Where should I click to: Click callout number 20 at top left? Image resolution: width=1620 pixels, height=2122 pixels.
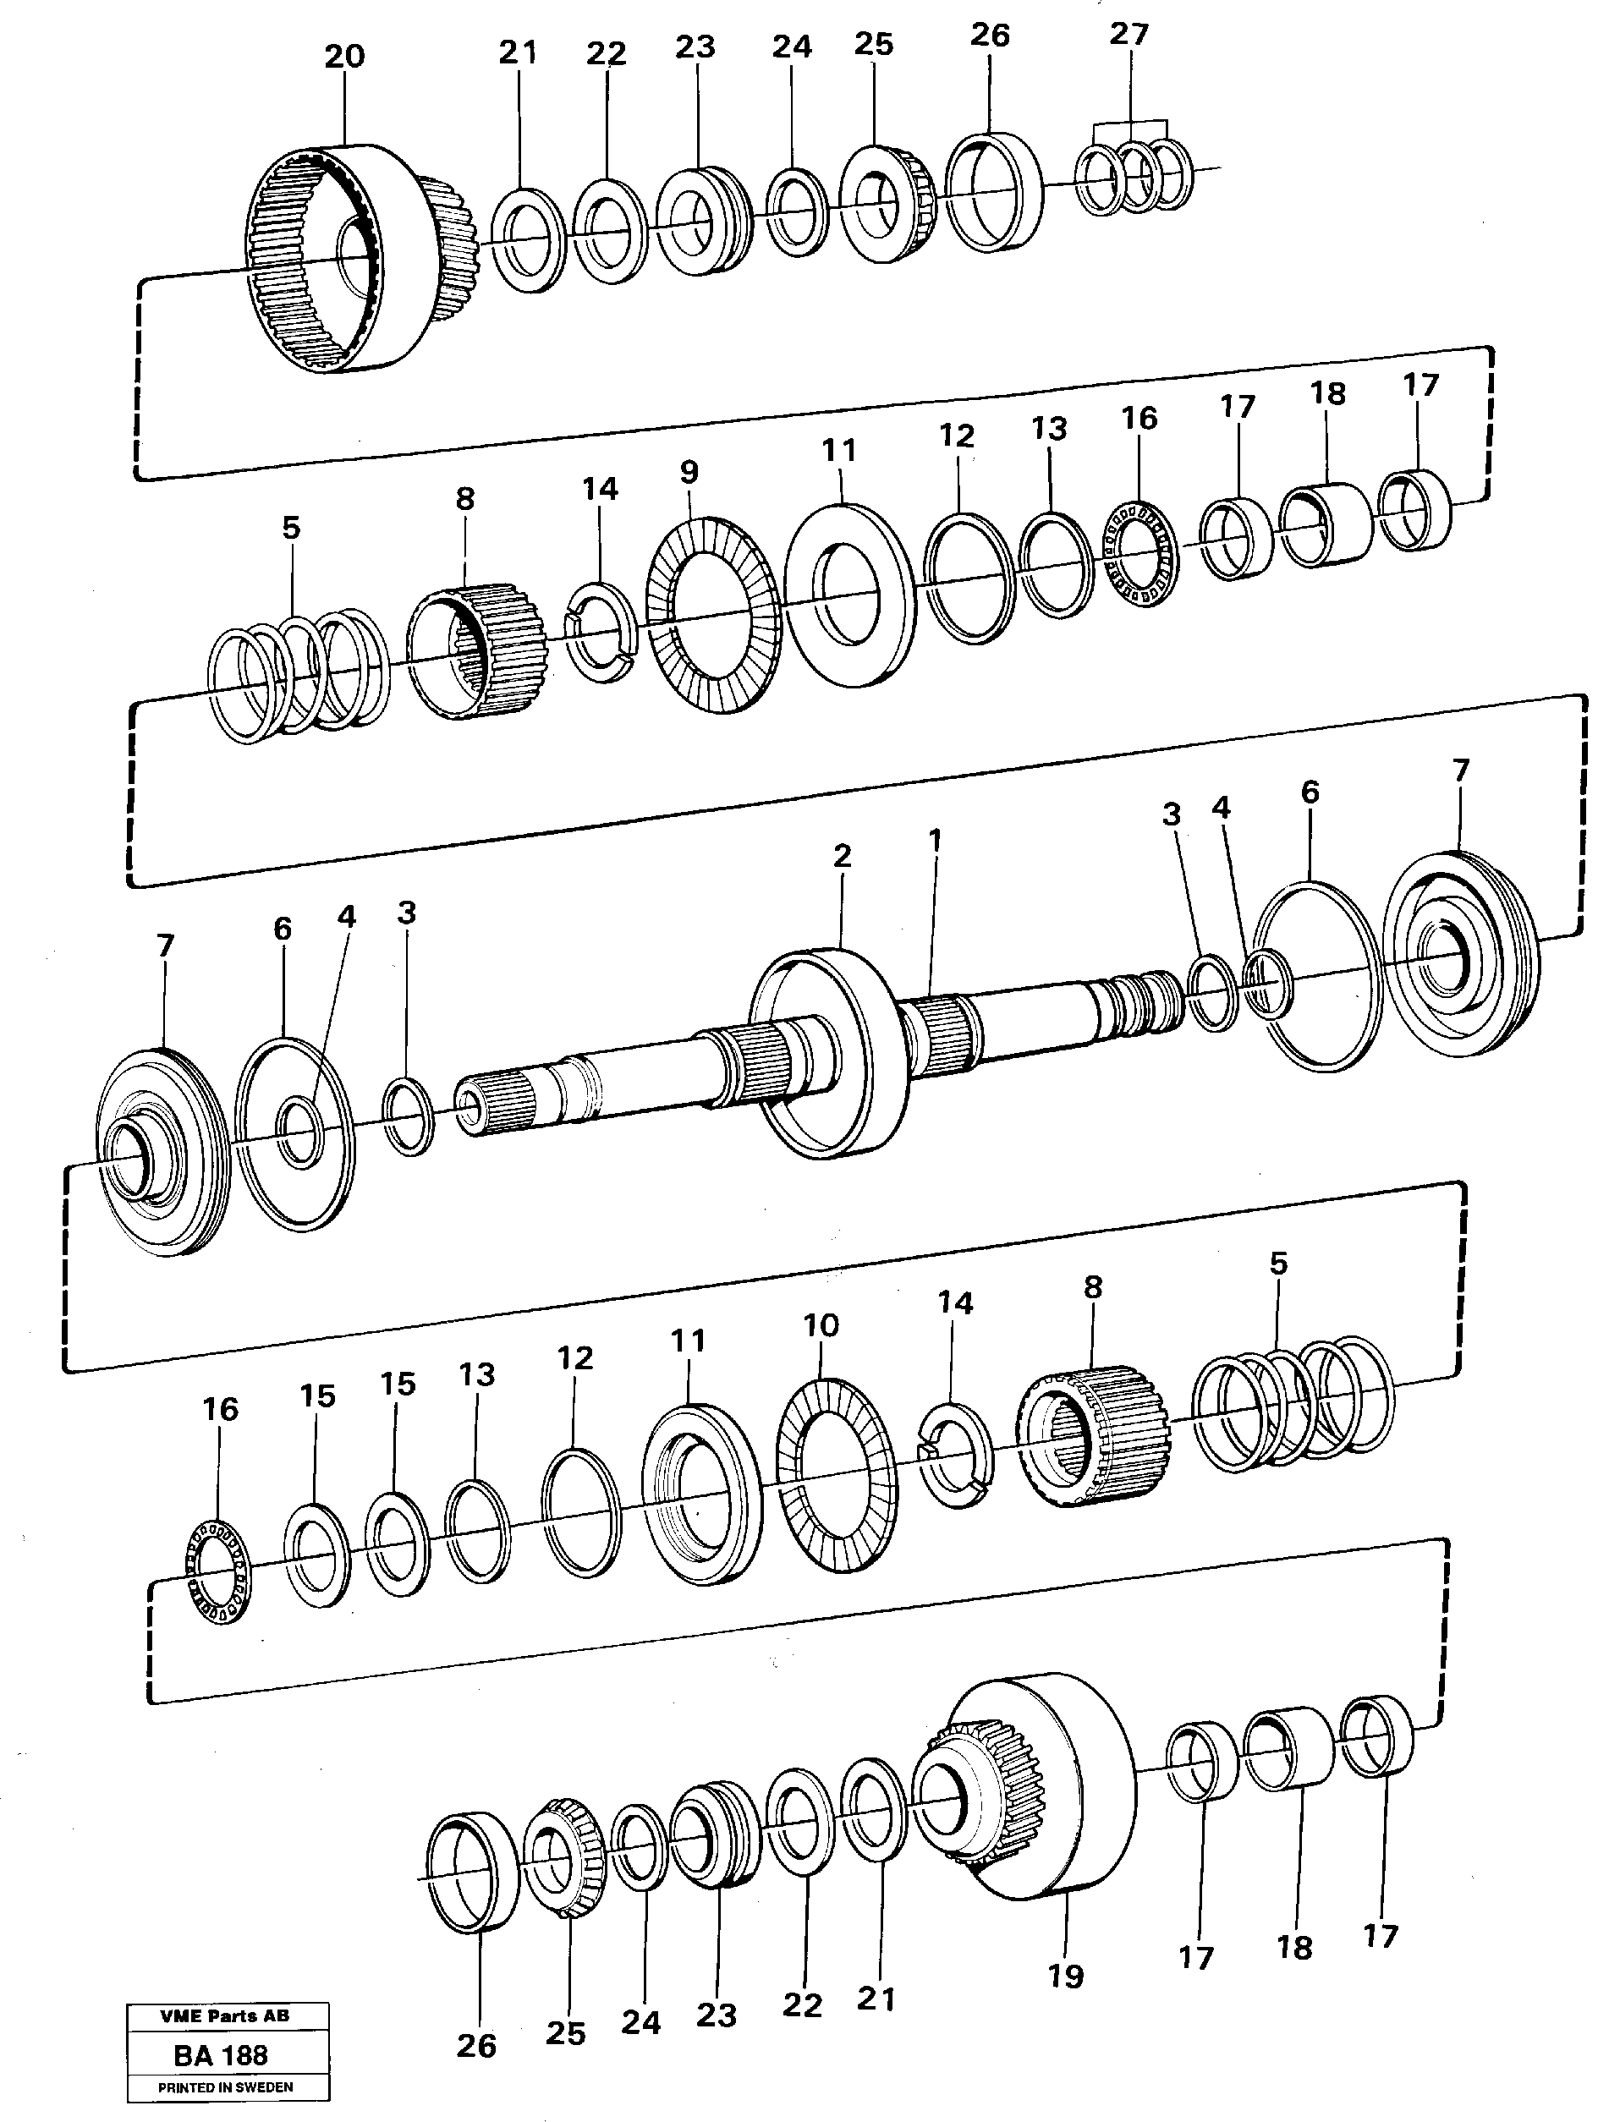pyautogui.click(x=344, y=57)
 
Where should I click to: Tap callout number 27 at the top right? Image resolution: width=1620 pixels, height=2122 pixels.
pyautogui.click(x=1129, y=34)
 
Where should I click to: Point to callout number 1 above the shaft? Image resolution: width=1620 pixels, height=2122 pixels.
pyautogui.click(x=933, y=840)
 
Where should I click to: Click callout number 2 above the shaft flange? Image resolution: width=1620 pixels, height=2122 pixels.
pyautogui.click(x=842, y=855)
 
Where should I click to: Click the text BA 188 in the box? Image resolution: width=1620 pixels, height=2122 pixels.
pyautogui.click(x=221, y=2054)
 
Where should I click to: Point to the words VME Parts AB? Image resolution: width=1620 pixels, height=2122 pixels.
pyautogui.click(x=225, y=2015)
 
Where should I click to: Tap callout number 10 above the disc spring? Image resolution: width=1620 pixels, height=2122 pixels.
pyautogui.click(x=821, y=1324)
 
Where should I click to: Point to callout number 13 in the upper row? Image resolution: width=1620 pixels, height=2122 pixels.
pyautogui.click(x=1049, y=428)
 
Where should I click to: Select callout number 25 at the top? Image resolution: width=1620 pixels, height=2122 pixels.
pyautogui.click(x=874, y=43)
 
